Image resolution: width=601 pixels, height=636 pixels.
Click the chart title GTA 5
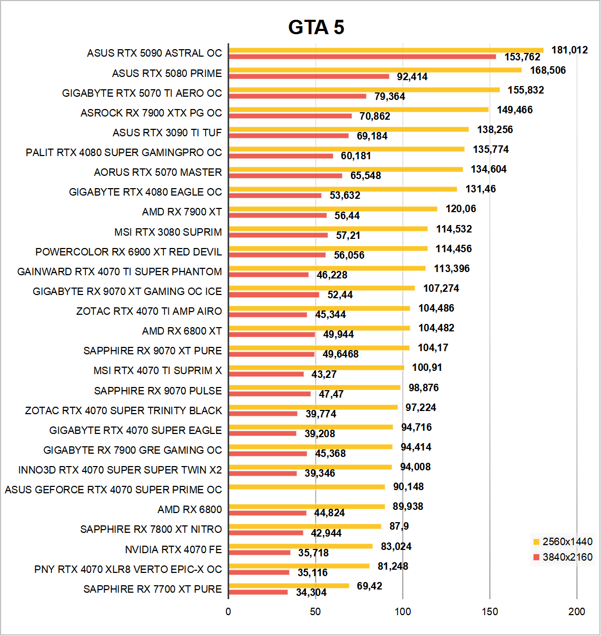tap(316, 27)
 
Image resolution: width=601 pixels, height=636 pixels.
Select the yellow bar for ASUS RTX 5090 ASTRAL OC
tap(386, 50)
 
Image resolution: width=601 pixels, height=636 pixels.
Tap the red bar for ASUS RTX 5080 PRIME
tap(309, 76)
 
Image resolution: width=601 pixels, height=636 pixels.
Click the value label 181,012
tap(569, 50)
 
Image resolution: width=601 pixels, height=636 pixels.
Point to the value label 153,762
tap(522, 57)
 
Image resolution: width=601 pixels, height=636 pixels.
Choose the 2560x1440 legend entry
tap(562, 541)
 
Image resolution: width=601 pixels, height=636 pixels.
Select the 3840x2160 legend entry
tap(562, 557)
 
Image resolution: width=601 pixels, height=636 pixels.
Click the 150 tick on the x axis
tap(489, 611)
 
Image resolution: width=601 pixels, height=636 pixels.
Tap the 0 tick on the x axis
tap(229, 611)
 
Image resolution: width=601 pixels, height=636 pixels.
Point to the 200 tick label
tap(576, 611)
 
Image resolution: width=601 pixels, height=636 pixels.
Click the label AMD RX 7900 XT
tap(182, 212)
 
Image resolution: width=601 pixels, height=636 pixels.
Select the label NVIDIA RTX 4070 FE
tap(173, 550)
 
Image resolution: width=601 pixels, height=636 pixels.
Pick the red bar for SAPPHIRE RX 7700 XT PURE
tap(258, 592)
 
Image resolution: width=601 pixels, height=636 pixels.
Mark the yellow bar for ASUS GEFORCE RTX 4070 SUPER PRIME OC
tap(307, 487)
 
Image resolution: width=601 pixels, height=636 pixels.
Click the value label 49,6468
tap(340, 354)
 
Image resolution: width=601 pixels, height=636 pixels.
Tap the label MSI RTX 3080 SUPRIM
tap(168, 232)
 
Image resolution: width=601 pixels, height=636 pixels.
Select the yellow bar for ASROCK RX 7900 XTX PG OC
tap(358, 110)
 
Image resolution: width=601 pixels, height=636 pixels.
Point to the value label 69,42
tap(369, 586)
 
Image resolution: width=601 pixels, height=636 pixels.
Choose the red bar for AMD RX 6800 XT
tap(272, 335)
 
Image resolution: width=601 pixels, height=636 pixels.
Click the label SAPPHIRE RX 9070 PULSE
tap(158, 391)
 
